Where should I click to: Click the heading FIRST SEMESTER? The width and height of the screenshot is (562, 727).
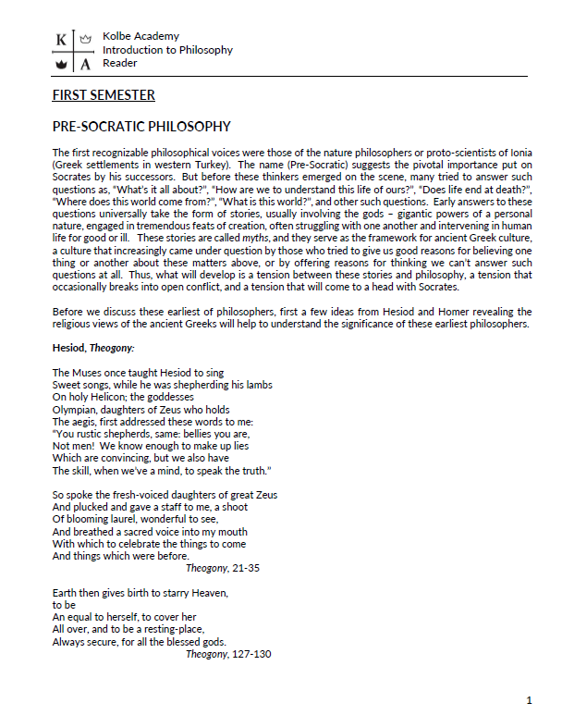pyautogui.click(x=104, y=95)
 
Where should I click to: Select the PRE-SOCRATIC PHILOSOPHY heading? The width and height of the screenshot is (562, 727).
pyautogui.click(x=141, y=126)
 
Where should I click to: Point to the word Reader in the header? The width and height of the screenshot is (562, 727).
pyautogui.click(x=120, y=63)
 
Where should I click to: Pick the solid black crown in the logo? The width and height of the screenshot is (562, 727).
pyautogui.click(x=61, y=64)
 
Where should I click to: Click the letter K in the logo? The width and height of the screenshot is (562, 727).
pyautogui.click(x=61, y=39)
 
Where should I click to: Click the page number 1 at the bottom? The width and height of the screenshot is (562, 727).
pyautogui.click(x=529, y=700)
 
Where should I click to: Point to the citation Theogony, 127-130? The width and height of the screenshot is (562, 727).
pyautogui.click(x=228, y=654)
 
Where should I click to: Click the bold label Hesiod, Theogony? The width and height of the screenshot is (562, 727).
pyautogui.click(x=94, y=347)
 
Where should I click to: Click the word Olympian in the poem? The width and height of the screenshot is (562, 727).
pyautogui.click(x=75, y=409)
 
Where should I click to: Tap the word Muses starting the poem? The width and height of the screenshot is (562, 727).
pyautogui.click(x=89, y=372)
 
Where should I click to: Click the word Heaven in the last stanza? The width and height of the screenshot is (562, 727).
pyautogui.click(x=208, y=592)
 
